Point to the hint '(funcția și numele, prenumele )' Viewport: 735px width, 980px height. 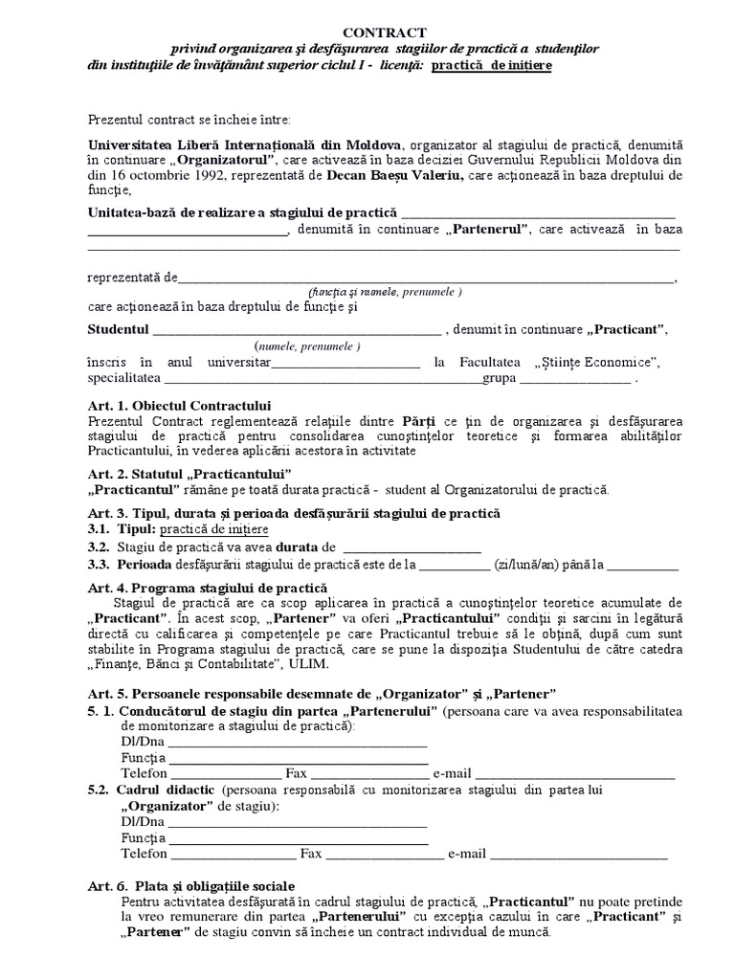coord(385,291)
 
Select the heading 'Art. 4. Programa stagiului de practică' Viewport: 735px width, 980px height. coord(208,587)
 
